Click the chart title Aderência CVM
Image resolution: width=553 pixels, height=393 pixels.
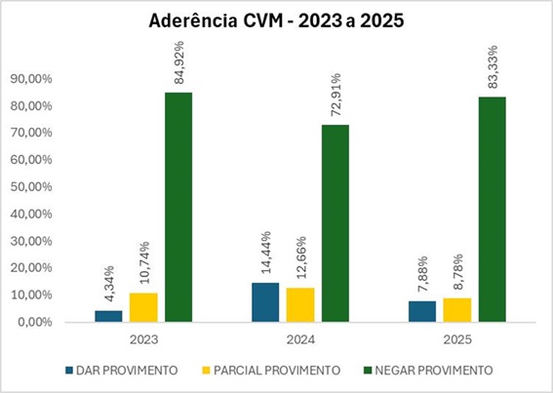pyautogui.click(x=276, y=20)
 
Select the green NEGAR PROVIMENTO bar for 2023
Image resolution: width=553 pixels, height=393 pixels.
pyautogui.click(x=178, y=207)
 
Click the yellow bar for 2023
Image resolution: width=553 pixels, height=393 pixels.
pyautogui.click(x=143, y=307)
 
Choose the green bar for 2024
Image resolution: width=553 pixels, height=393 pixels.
pyautogui.click(x=335, y=223)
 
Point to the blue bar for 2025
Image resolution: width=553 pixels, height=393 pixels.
pyautogui.click(x=422, y=311)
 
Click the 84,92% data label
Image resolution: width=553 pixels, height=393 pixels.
pyautogui.click(x=178, y=63)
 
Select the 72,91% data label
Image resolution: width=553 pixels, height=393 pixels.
pyautogui.click(x=335, y=96)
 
